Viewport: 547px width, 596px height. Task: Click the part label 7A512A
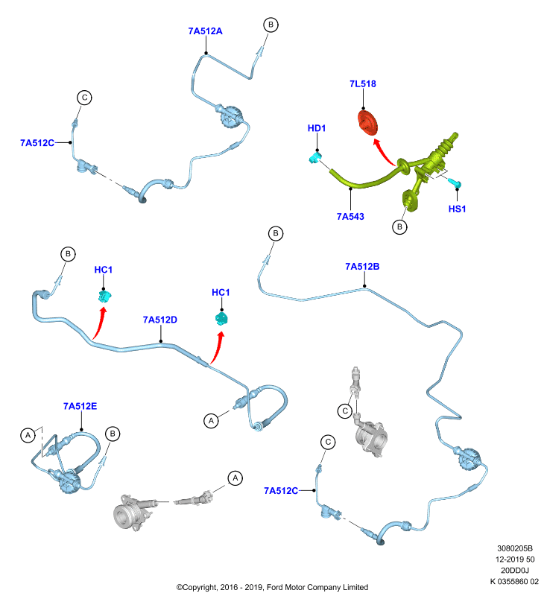pos(205,31)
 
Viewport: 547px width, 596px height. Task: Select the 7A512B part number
pos(362,267)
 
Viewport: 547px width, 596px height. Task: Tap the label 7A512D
pos(160,320)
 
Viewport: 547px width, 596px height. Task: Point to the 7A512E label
pos(80,406)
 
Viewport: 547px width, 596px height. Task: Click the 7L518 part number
pos(363,83)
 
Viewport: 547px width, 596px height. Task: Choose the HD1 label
pos(317,128)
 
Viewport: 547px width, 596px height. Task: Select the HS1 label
pos(457,209)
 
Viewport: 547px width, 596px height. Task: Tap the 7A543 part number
pos(350,216)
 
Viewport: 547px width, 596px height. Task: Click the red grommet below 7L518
pos(368,122)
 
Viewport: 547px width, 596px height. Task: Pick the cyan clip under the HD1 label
pos(315,157)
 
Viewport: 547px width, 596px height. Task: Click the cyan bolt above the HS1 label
pos(455,183)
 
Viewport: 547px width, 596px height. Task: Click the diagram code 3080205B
pos(515,548)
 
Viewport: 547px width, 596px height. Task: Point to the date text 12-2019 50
pos(515,559)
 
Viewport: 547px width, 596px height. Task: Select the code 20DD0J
pos(515,570)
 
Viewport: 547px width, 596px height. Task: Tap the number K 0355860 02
pos(514,581)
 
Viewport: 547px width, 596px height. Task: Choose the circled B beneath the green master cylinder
pos(399,227)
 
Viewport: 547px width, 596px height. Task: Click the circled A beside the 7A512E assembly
pos(28,435)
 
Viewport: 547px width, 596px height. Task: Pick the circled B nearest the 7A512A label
pos(271,25)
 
